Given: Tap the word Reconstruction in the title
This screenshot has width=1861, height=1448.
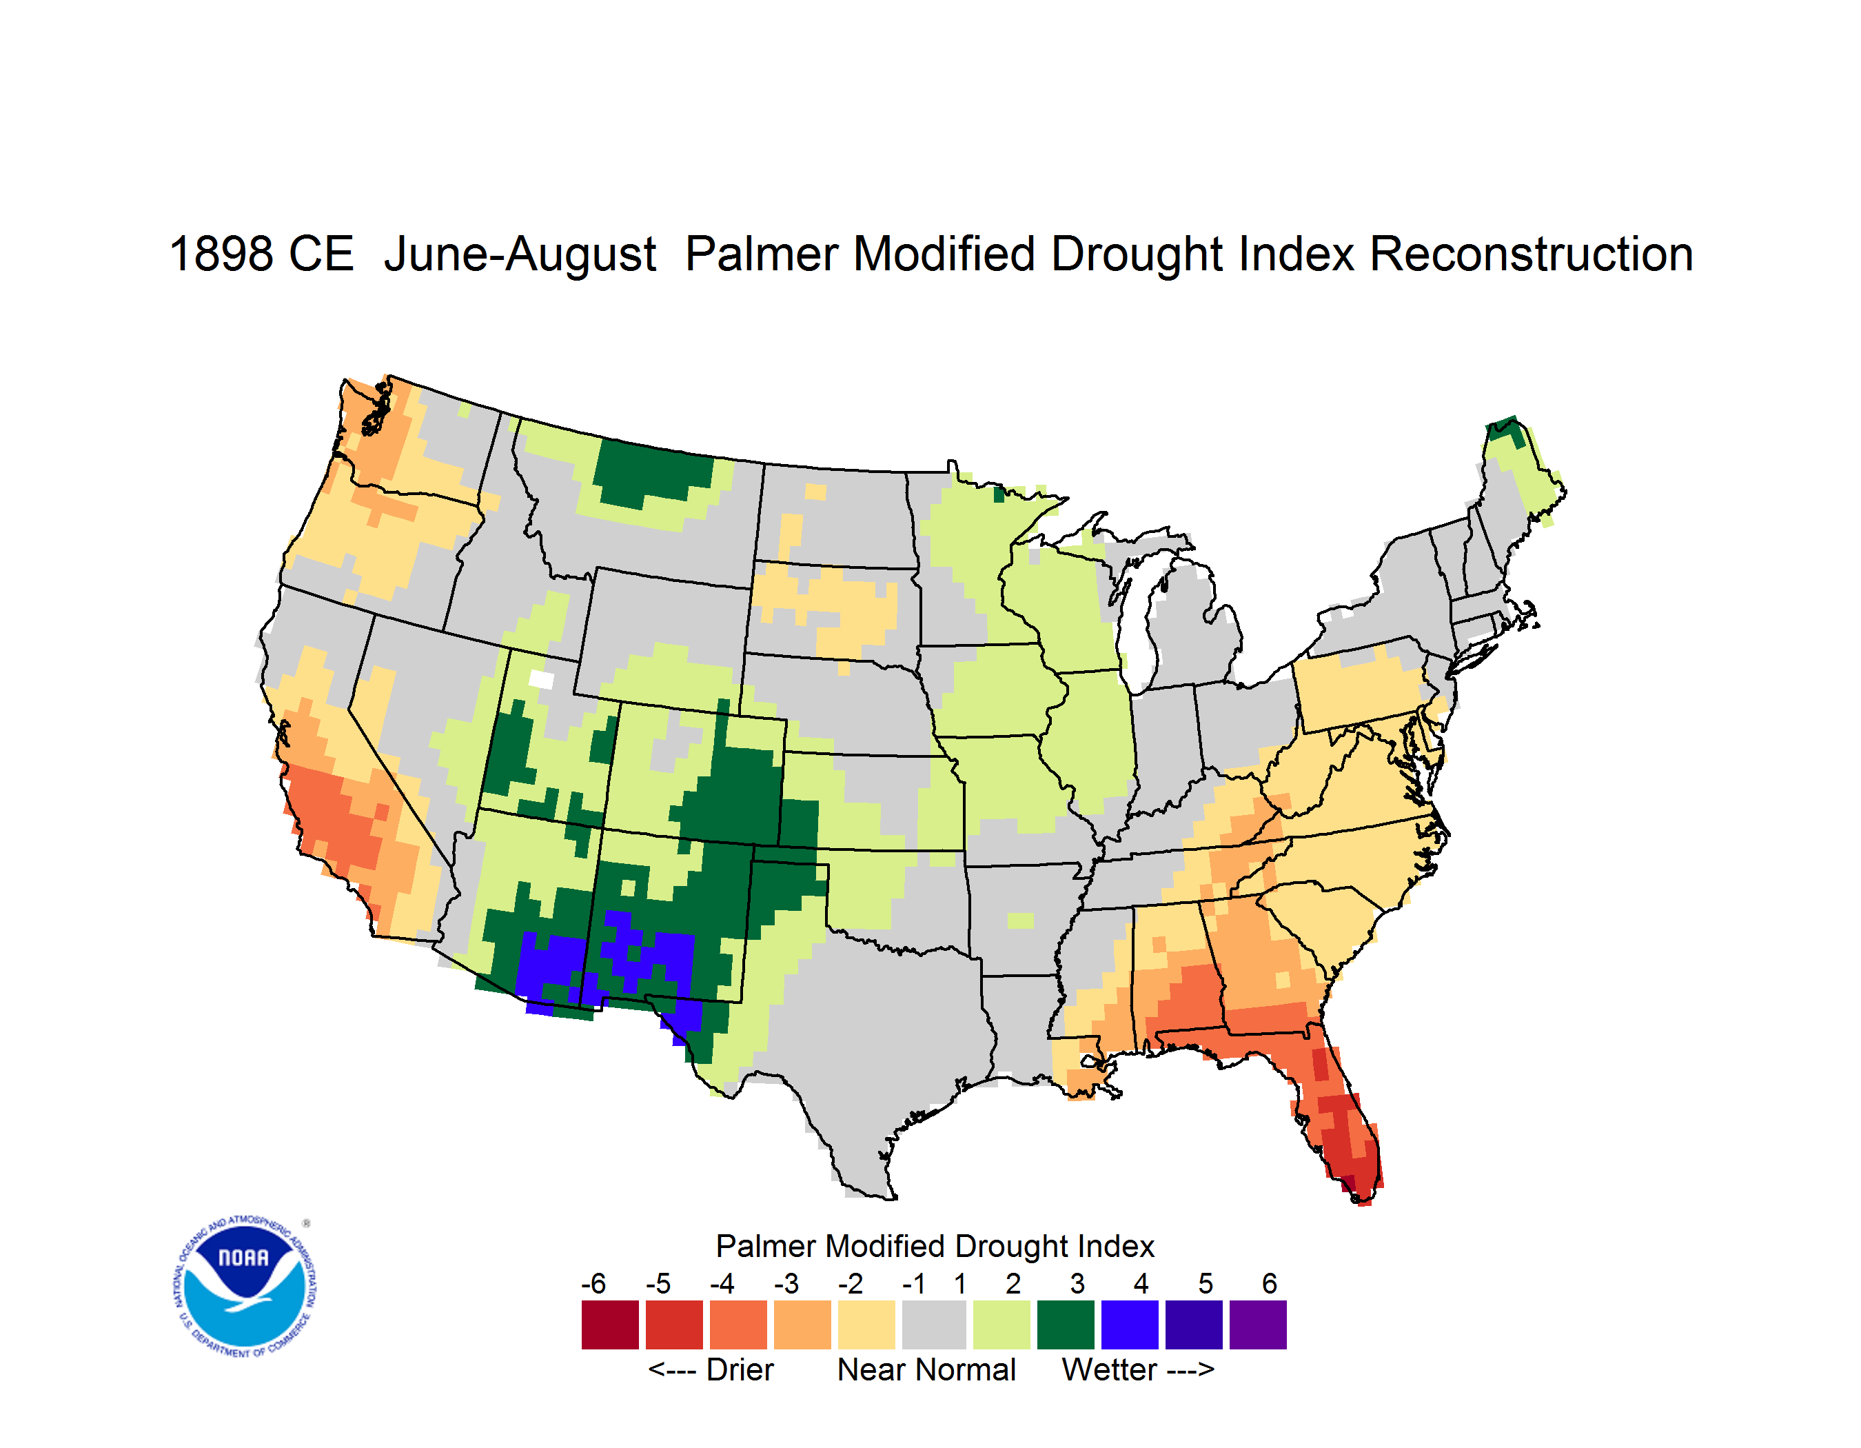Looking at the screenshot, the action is (x=1532, y=254).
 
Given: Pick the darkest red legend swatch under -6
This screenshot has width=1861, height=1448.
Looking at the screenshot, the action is (x=610, y=1324).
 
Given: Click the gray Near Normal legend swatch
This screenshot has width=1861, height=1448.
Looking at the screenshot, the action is (x=934, y=1324).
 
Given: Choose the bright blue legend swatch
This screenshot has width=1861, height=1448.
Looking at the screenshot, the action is (x=1130, y=1324).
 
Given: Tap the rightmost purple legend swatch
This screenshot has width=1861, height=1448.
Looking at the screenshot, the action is (x=1258, y=1324).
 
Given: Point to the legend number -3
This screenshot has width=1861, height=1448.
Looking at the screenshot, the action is (x=786, y=1283).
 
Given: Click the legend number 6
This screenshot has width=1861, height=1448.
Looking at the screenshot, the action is (x=1270, y=1283).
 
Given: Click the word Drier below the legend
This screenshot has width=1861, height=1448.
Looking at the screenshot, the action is (x=740, y=1369).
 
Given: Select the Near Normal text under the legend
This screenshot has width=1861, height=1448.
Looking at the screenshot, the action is (x=926, y=1369).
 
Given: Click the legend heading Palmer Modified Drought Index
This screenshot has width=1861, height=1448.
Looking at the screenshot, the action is (x=935, y=1246).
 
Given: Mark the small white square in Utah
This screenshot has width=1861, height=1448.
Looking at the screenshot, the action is (x=542, y=679).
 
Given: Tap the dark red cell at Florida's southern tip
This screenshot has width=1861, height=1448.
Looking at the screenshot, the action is (x=1348, y=1184).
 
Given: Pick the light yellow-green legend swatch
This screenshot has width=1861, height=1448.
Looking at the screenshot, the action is (x=1001, y=1324).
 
